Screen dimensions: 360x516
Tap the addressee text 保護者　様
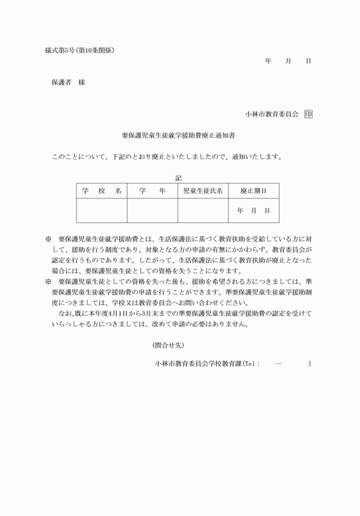(68, 82)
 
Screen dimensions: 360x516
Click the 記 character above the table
(178, 178)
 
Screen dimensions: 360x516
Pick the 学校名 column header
(102, 191)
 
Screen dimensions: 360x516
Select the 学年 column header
(152, 191)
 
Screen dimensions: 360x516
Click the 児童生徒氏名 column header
(202, 191)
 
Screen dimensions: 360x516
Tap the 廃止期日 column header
(253, 191)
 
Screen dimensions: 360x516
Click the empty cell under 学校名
(102, 210)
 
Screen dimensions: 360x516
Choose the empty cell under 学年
(152, 210)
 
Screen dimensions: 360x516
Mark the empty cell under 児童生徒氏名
(202, 210)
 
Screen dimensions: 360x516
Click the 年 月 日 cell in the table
(253, 210)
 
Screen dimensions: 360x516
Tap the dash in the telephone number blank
(278, 363)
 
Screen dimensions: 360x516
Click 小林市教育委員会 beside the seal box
(272, 114)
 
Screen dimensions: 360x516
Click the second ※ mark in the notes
(48, 282)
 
